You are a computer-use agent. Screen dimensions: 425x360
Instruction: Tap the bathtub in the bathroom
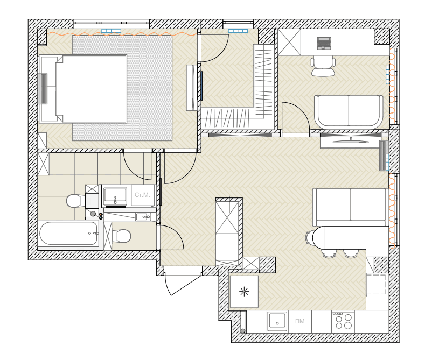click(x=68, y=234)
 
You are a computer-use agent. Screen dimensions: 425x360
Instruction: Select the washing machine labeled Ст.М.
click(x=143, y=195)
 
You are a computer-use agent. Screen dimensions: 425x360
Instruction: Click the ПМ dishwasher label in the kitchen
click(x=300, y=321)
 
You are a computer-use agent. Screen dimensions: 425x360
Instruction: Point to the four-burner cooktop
click(x=343, y=322)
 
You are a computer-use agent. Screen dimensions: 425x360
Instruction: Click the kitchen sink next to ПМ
click(x=277, y=321)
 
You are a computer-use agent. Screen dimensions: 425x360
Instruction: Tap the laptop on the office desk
click(x=324, y=44)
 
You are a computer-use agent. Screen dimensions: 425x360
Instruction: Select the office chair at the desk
click(x=323, y=66)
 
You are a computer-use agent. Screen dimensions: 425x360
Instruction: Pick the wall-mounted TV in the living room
click(x=351, y=141)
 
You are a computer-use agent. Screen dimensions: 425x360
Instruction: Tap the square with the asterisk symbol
click(x=244, y=292)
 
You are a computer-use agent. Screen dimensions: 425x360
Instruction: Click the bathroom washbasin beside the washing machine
click(x=115, y=195)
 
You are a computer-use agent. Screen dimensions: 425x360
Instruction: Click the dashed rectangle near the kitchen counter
click(x=376, y=284)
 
